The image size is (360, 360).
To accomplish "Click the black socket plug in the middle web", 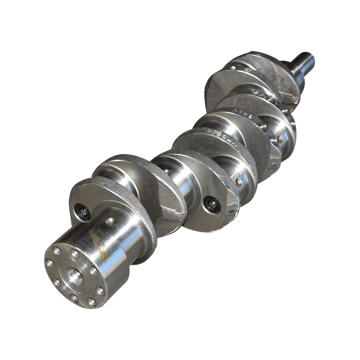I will [211, 205].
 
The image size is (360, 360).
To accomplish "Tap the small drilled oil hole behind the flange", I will [110, 221].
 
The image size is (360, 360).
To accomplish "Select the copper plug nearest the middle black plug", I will [238, 182].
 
